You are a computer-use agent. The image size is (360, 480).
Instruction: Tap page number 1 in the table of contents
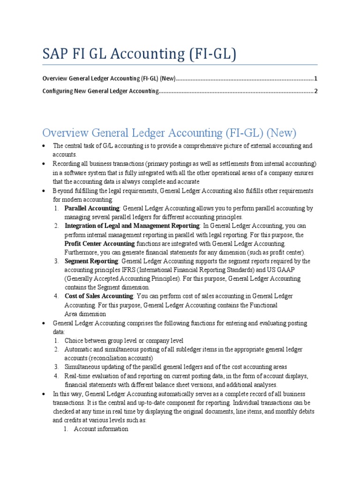coord(316,78)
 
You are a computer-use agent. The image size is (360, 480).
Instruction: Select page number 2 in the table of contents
coord(316,91)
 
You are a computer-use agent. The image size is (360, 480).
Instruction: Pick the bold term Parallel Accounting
coord(92,208)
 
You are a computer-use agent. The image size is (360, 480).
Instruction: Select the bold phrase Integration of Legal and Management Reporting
coord(131,226)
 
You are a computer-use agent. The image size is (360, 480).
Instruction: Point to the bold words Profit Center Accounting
coord(99,244)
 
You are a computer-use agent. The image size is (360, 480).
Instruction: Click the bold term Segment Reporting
coord(91,261)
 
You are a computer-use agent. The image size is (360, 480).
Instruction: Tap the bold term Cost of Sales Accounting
coord(99,296)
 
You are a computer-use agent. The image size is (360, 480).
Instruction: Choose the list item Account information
coord(101,429)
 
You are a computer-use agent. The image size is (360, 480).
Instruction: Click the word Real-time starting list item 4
coord(77,376)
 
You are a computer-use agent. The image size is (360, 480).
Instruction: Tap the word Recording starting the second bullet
coord(66,164)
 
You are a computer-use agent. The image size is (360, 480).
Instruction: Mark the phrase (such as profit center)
coord(267,253)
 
